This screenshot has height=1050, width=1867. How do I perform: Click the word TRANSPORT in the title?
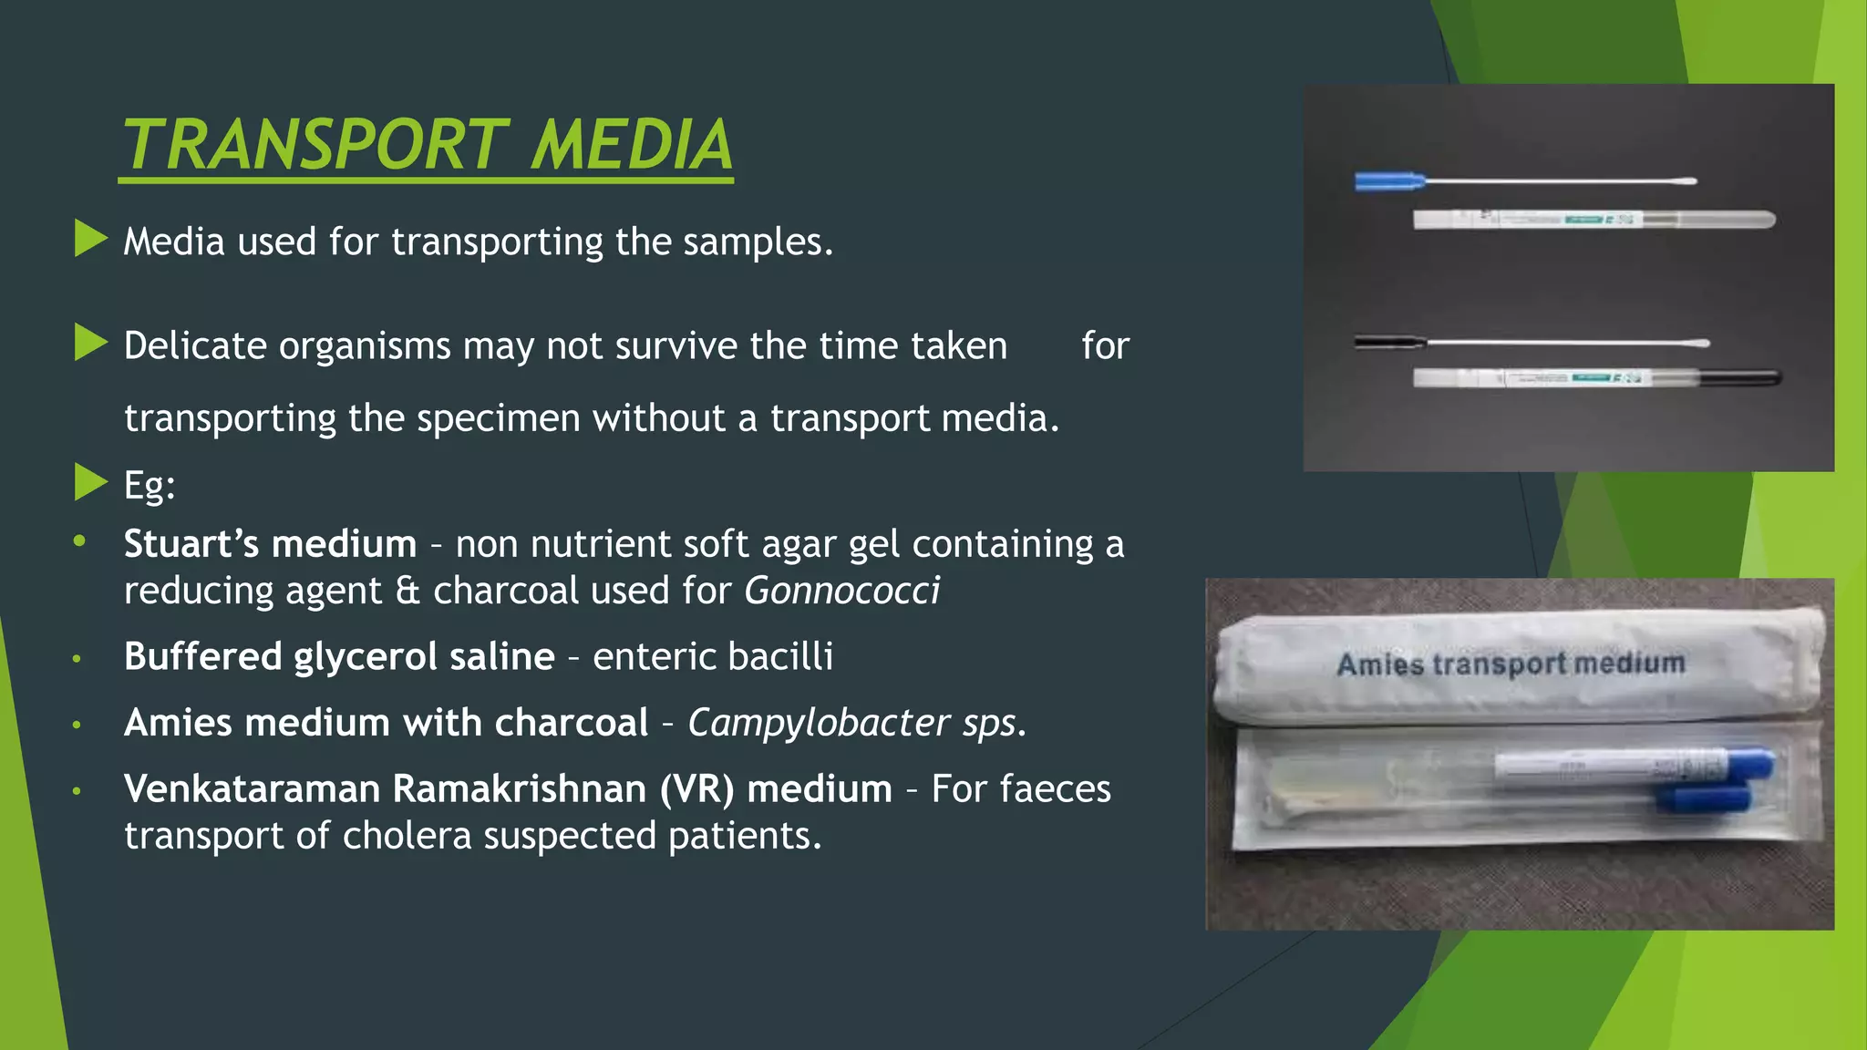coord(315,145)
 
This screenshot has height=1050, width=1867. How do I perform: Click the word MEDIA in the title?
coord(631,145)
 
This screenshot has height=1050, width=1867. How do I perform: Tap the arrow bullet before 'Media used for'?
coord(90,239)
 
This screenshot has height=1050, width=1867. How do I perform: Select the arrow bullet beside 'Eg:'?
coord(90,482)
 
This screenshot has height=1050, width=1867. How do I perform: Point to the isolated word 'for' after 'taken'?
coord(1105,346)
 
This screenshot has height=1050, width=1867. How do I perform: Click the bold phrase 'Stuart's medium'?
coord(270,544)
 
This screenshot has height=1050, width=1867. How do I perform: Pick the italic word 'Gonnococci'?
coord(841,591)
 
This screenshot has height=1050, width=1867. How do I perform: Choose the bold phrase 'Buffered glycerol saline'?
coord(339,656)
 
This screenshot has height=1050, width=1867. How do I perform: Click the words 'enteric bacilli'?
coord(713,656)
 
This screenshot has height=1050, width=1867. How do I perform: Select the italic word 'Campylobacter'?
coord(819,723)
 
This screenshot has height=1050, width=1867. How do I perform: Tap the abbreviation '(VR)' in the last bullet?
coord(697,789)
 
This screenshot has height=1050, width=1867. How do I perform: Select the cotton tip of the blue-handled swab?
coord(1682,181)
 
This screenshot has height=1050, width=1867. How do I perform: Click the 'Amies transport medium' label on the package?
coord(1511,663)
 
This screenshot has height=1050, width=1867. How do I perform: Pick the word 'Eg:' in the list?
coord(150,485)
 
